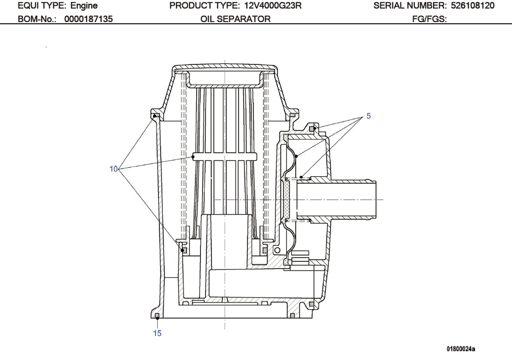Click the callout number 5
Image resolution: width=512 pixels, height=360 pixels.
click(x=368, y=116)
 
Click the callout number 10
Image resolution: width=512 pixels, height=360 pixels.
click(x=114, y=169)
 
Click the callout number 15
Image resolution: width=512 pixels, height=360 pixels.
click(x=158, y=333)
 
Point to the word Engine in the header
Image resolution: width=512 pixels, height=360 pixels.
click(x=84, y=6)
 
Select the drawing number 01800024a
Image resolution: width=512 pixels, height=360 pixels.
click(x=461, y=348)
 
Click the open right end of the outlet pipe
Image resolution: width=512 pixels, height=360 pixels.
click(x=376, y=199)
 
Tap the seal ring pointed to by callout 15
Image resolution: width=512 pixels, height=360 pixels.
click(x=157, y=317)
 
